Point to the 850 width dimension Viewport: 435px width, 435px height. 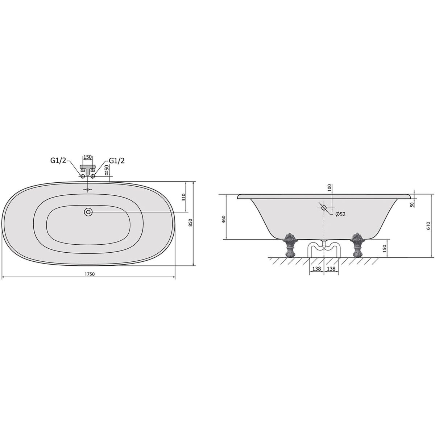[x=191, y=223]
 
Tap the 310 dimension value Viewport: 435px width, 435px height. [x=183, y=197]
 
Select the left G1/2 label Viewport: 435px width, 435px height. [x=58, y=161]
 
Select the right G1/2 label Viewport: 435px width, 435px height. [x=117, y=161]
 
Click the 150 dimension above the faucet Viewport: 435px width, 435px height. [x=88, y=157]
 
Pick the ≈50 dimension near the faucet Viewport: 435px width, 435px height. [x=106, y=170]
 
